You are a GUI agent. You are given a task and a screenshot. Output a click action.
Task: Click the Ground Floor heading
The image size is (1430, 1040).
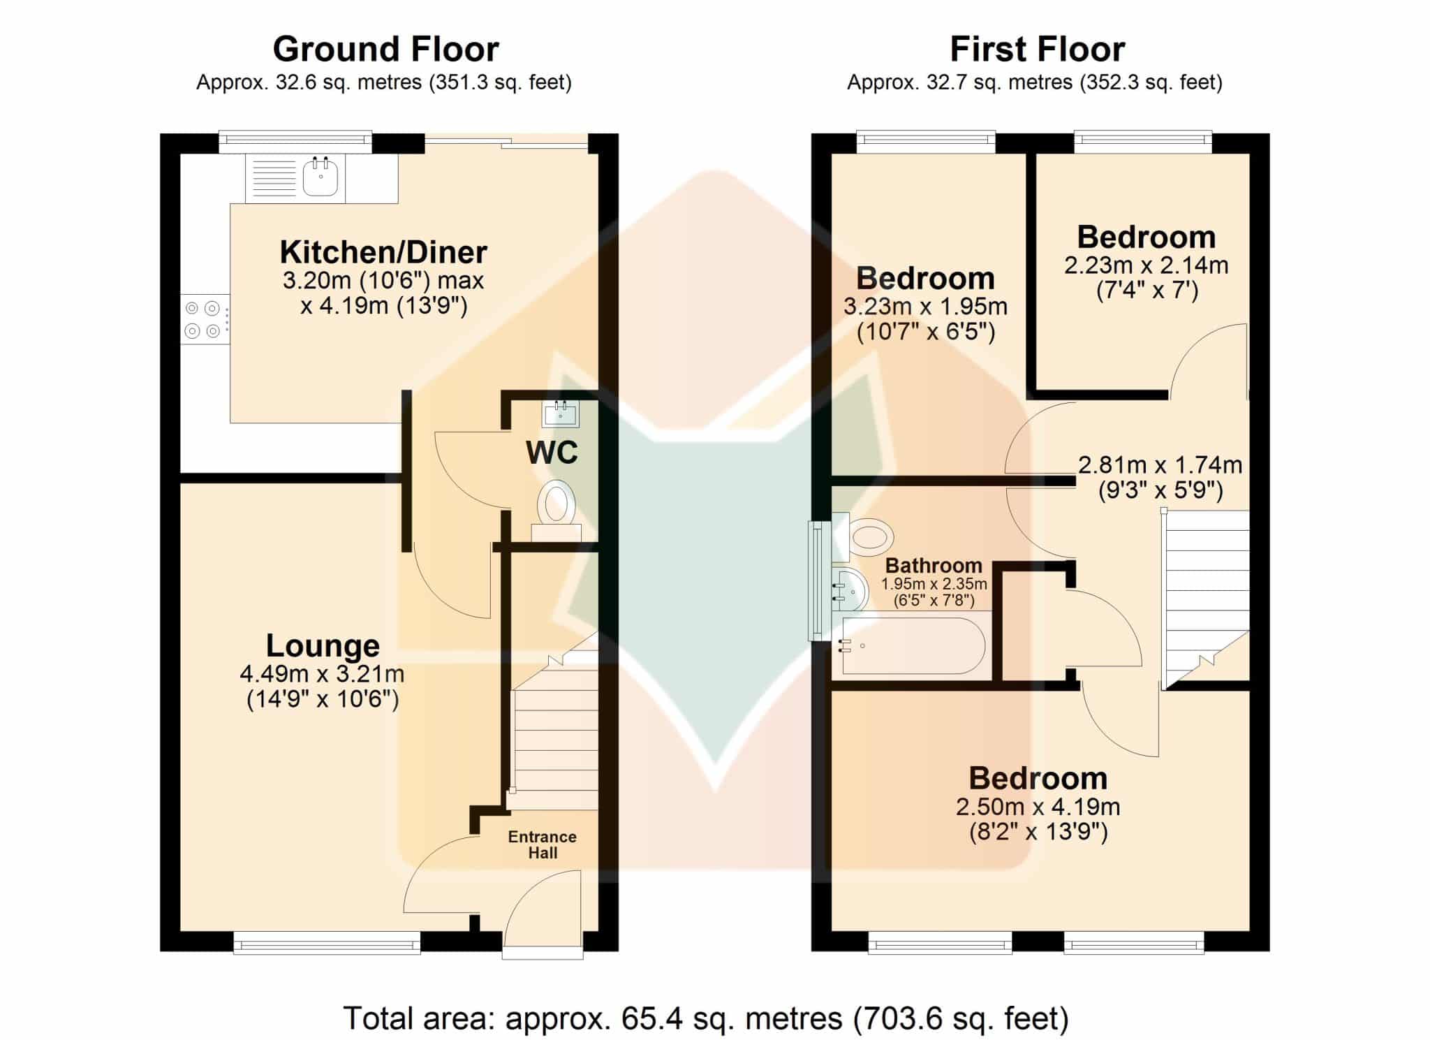point(385,50)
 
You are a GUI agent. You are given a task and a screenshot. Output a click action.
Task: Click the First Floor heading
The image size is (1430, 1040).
point(1037,50)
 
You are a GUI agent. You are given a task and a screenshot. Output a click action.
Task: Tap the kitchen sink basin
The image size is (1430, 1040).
point(320,177)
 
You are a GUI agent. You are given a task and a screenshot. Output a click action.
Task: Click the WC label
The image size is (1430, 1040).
point(552,453)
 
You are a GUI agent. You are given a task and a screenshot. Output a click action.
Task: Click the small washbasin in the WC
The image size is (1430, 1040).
point(560,413)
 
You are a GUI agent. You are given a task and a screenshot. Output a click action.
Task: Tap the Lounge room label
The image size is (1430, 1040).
point(323,646)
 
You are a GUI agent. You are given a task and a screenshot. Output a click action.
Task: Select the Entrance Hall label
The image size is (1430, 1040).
point(542,844)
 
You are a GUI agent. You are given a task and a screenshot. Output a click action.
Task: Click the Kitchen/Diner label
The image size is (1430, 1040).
point(383,252)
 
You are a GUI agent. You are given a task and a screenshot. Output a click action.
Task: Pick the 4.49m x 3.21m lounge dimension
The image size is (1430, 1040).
point(322,674)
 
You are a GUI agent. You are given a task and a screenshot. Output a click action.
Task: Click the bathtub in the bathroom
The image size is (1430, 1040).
point(913,646)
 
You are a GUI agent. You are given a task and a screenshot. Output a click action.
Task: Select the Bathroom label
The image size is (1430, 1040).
point(934,566)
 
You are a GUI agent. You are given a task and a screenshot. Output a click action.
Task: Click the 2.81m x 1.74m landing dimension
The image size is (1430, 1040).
point(1160,465)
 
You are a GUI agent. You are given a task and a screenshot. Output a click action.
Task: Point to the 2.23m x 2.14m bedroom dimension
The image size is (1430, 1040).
point(1146,265)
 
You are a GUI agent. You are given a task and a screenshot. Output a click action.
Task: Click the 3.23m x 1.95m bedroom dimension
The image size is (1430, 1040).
point(925,307)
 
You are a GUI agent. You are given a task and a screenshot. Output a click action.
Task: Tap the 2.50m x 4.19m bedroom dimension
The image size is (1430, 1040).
point(1038,807)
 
